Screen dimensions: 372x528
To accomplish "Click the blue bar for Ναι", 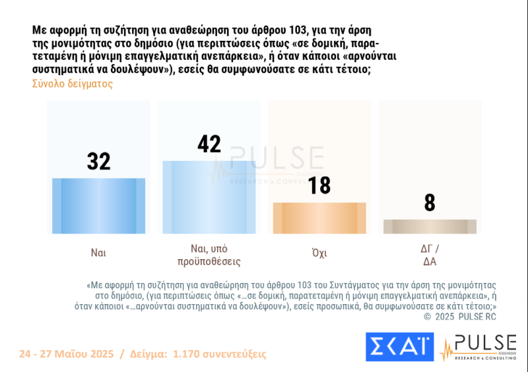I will pyautogui.click(x=99, y=205).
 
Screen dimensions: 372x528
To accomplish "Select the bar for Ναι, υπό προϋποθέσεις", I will pyautogui.click(x=210, y=197).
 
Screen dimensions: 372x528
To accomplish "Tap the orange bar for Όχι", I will pyautogui.click(x=319, y=218).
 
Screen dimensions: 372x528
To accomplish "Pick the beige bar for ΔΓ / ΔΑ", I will pyautogui.click(x=430, y=226).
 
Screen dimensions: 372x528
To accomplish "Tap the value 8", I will pyautogui.click(x=430, y=202).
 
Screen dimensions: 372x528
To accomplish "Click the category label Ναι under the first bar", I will pyautogui.click(x=99, y=252).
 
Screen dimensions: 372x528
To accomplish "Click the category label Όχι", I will pyautogui.click(x=319, y=252).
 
